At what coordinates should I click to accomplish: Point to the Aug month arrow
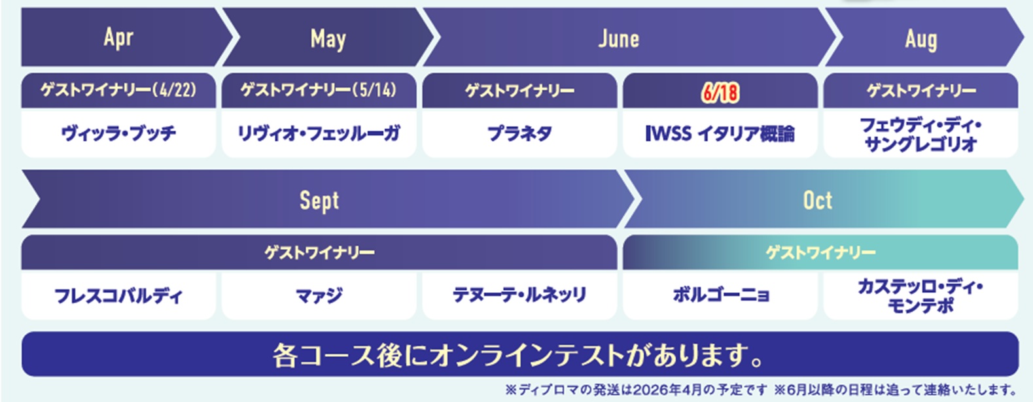click(922, 37)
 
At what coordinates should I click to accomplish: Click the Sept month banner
click(323, 199)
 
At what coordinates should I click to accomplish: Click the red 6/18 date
click(720, 93)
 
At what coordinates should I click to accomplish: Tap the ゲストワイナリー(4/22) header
click(118, 90)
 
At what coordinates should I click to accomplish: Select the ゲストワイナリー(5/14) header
click(319, 90)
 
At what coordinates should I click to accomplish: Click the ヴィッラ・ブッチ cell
click(118, 134)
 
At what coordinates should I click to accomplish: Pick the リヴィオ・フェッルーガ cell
click(319, 134)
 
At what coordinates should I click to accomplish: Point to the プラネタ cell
click(519, 134)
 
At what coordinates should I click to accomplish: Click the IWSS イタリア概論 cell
click(720, 134)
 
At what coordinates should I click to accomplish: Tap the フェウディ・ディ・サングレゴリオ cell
click(921, 134)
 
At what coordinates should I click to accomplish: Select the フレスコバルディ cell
click(118, 295)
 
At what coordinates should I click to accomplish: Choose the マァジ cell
click(319, 295)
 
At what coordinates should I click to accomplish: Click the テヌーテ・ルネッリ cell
click(519, 295)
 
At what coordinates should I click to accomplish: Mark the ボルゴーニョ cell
click(720, 295)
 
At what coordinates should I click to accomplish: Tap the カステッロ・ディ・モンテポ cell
click(921, 295)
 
